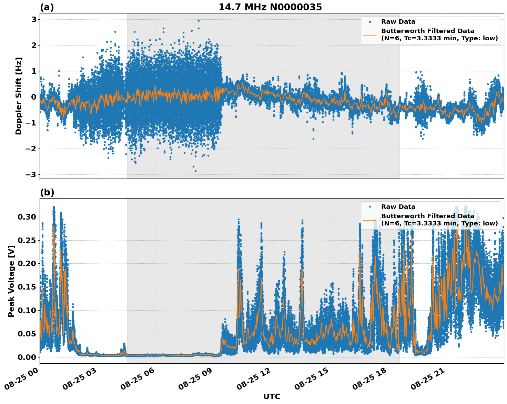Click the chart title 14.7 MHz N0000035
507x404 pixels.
(x=270, y=7)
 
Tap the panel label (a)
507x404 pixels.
(x=47, y=7)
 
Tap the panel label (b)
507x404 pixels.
(x=47, y=192)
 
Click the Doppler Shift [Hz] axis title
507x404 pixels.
(x=19, y=96)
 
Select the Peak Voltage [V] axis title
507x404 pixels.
(x=11, y=281)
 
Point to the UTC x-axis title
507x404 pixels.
(x=272, y=396)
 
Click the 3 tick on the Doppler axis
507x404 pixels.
(x=34, y=19)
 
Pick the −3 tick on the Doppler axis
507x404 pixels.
(x=31, y=174)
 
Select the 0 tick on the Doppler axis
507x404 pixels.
(x=34, y=97)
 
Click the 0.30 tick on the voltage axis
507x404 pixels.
(x=27, y=217)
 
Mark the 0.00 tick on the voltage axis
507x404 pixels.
(x=27, y=357)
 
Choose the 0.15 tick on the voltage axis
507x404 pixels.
(x=27, y=287)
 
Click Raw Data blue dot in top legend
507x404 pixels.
(x=370, y=22)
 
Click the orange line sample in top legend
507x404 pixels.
(x=370, y=35)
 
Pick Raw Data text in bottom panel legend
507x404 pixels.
(x=398, y=207)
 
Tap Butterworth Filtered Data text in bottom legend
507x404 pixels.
(x=427, y=216)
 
